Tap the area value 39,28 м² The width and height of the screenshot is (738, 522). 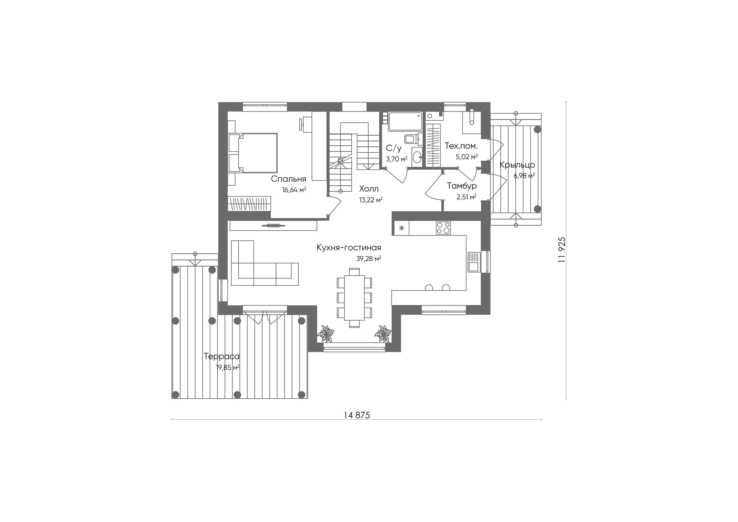pos(369,259)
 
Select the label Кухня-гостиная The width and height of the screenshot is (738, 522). pos(349,248)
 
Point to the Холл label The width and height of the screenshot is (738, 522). pos(369,189)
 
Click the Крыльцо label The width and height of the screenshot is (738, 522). pos(517,165)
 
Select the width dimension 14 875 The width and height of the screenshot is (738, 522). pos(357,415)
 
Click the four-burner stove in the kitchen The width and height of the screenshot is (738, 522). pos(443,228)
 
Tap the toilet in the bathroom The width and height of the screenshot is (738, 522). pos(411,139)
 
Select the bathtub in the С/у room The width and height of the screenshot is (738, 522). pos(405,121)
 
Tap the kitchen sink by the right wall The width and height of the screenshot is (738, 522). pos(474,262)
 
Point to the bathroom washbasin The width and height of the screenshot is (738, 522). pos(417,157)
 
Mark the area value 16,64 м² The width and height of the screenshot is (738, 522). pos(294,190)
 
